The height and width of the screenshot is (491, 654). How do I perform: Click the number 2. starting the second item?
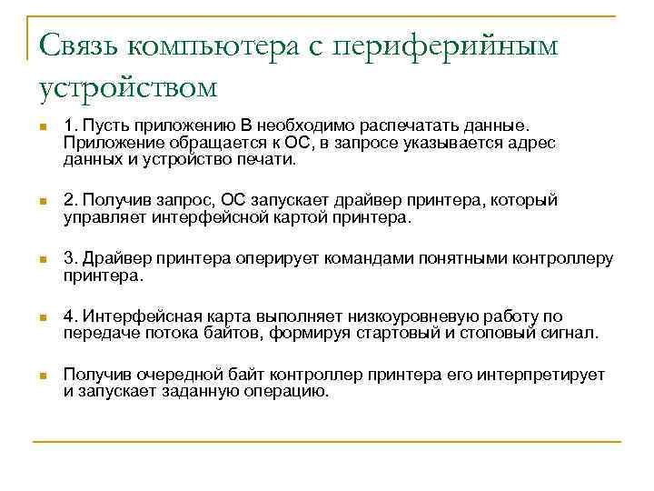point(70,201)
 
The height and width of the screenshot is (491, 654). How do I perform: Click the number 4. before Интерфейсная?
point(70,316)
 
